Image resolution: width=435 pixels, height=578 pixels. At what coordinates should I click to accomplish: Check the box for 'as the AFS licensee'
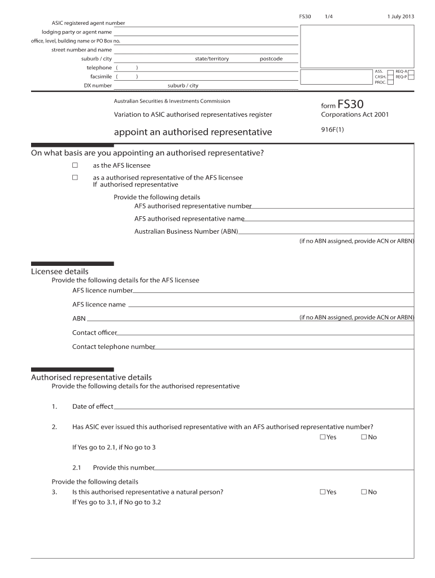point(75,165)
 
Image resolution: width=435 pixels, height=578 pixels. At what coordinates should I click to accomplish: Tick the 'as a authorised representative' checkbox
point(75,177)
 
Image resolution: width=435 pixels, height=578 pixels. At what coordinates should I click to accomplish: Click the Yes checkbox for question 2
point(323,437)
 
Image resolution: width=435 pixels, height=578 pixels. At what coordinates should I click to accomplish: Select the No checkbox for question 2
point(364,437)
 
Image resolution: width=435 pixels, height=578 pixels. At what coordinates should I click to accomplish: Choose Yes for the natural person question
point(323,492)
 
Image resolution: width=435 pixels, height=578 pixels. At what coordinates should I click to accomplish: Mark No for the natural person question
point(364,492)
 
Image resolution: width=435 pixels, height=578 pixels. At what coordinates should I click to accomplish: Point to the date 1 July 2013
point(401,16)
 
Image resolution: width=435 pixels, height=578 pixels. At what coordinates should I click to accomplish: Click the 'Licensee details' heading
point(59,272)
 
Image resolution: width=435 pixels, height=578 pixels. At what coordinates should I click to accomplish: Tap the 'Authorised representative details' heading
point(91,377)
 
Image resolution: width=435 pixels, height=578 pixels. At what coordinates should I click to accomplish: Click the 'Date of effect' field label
point(93,406)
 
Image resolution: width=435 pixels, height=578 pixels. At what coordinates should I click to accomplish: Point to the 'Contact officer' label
point(94,332)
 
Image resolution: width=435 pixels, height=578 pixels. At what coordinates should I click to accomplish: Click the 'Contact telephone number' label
point(113,347)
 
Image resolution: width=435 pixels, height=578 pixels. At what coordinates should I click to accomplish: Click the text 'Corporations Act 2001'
point(355,115)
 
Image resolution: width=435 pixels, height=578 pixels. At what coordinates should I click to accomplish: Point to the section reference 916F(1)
point(332,130)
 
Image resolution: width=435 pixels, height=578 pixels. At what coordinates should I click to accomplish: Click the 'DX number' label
point(98,86)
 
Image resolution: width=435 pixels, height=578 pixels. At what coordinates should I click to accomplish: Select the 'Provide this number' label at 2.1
point(123,467)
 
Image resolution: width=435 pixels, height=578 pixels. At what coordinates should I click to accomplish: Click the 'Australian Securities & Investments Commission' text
point(172,101)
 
